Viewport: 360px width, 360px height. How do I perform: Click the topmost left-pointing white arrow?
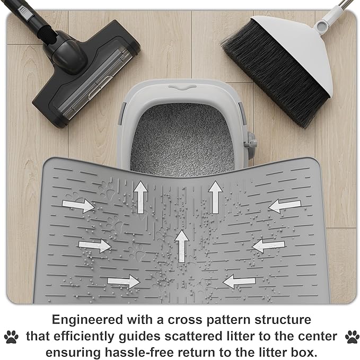coord(285,206)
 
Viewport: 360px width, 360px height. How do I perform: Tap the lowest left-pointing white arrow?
coord(240,281)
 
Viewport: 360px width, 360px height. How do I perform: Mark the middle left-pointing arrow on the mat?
coord(269,245)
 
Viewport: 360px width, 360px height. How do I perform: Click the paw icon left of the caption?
coord(11,336)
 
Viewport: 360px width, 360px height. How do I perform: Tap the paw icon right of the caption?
coord(351,336)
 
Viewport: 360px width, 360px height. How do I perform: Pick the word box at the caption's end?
coord(302,352)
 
